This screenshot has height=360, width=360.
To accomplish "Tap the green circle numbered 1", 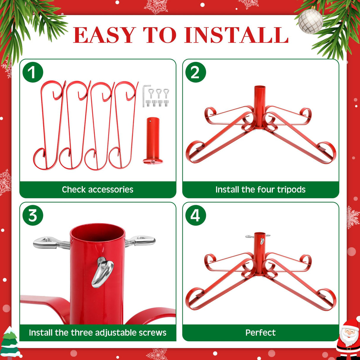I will [33, 72].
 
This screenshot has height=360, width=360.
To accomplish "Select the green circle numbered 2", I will [195, 72].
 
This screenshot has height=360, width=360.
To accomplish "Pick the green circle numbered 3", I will [33, 215].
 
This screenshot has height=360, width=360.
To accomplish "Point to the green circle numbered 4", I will [195, 215].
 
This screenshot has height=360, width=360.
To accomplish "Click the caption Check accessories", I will [98, 189].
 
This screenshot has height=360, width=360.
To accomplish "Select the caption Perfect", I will [260, 332].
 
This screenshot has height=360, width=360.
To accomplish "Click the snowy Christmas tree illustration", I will [9, 343].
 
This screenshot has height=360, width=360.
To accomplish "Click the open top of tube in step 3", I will [97, 233].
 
